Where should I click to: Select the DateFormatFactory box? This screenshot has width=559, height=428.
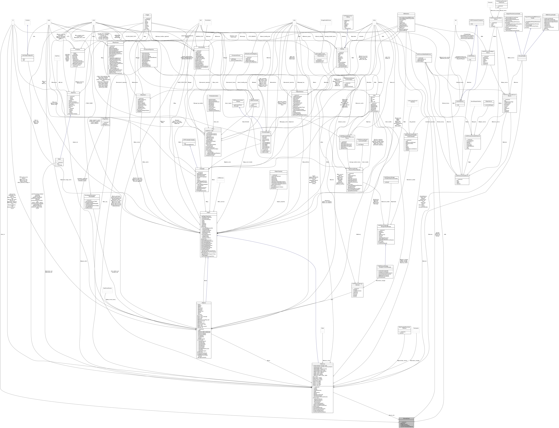pyautogui.click(x=107, y=288)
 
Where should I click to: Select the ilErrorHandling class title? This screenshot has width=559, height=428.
pyautogui.click(x=201, y=47)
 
